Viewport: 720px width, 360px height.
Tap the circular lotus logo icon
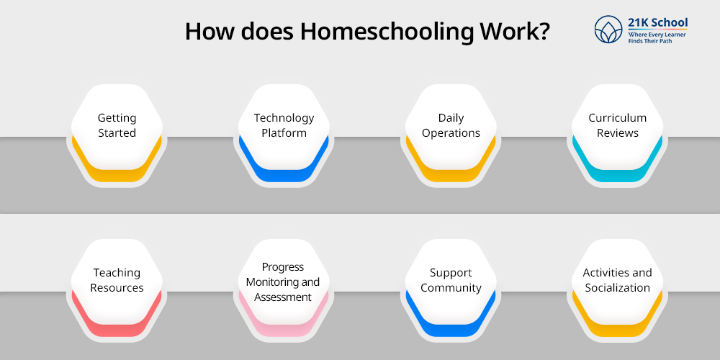pos(608,30)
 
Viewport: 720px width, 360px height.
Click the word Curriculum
pos(617,118)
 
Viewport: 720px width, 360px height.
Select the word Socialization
pos(617,288)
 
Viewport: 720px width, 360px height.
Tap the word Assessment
pos(283,297)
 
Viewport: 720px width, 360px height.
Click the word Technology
pos(284,118)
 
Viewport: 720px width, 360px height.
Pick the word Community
pos(451,288)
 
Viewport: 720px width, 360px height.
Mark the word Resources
pos(117,288)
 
